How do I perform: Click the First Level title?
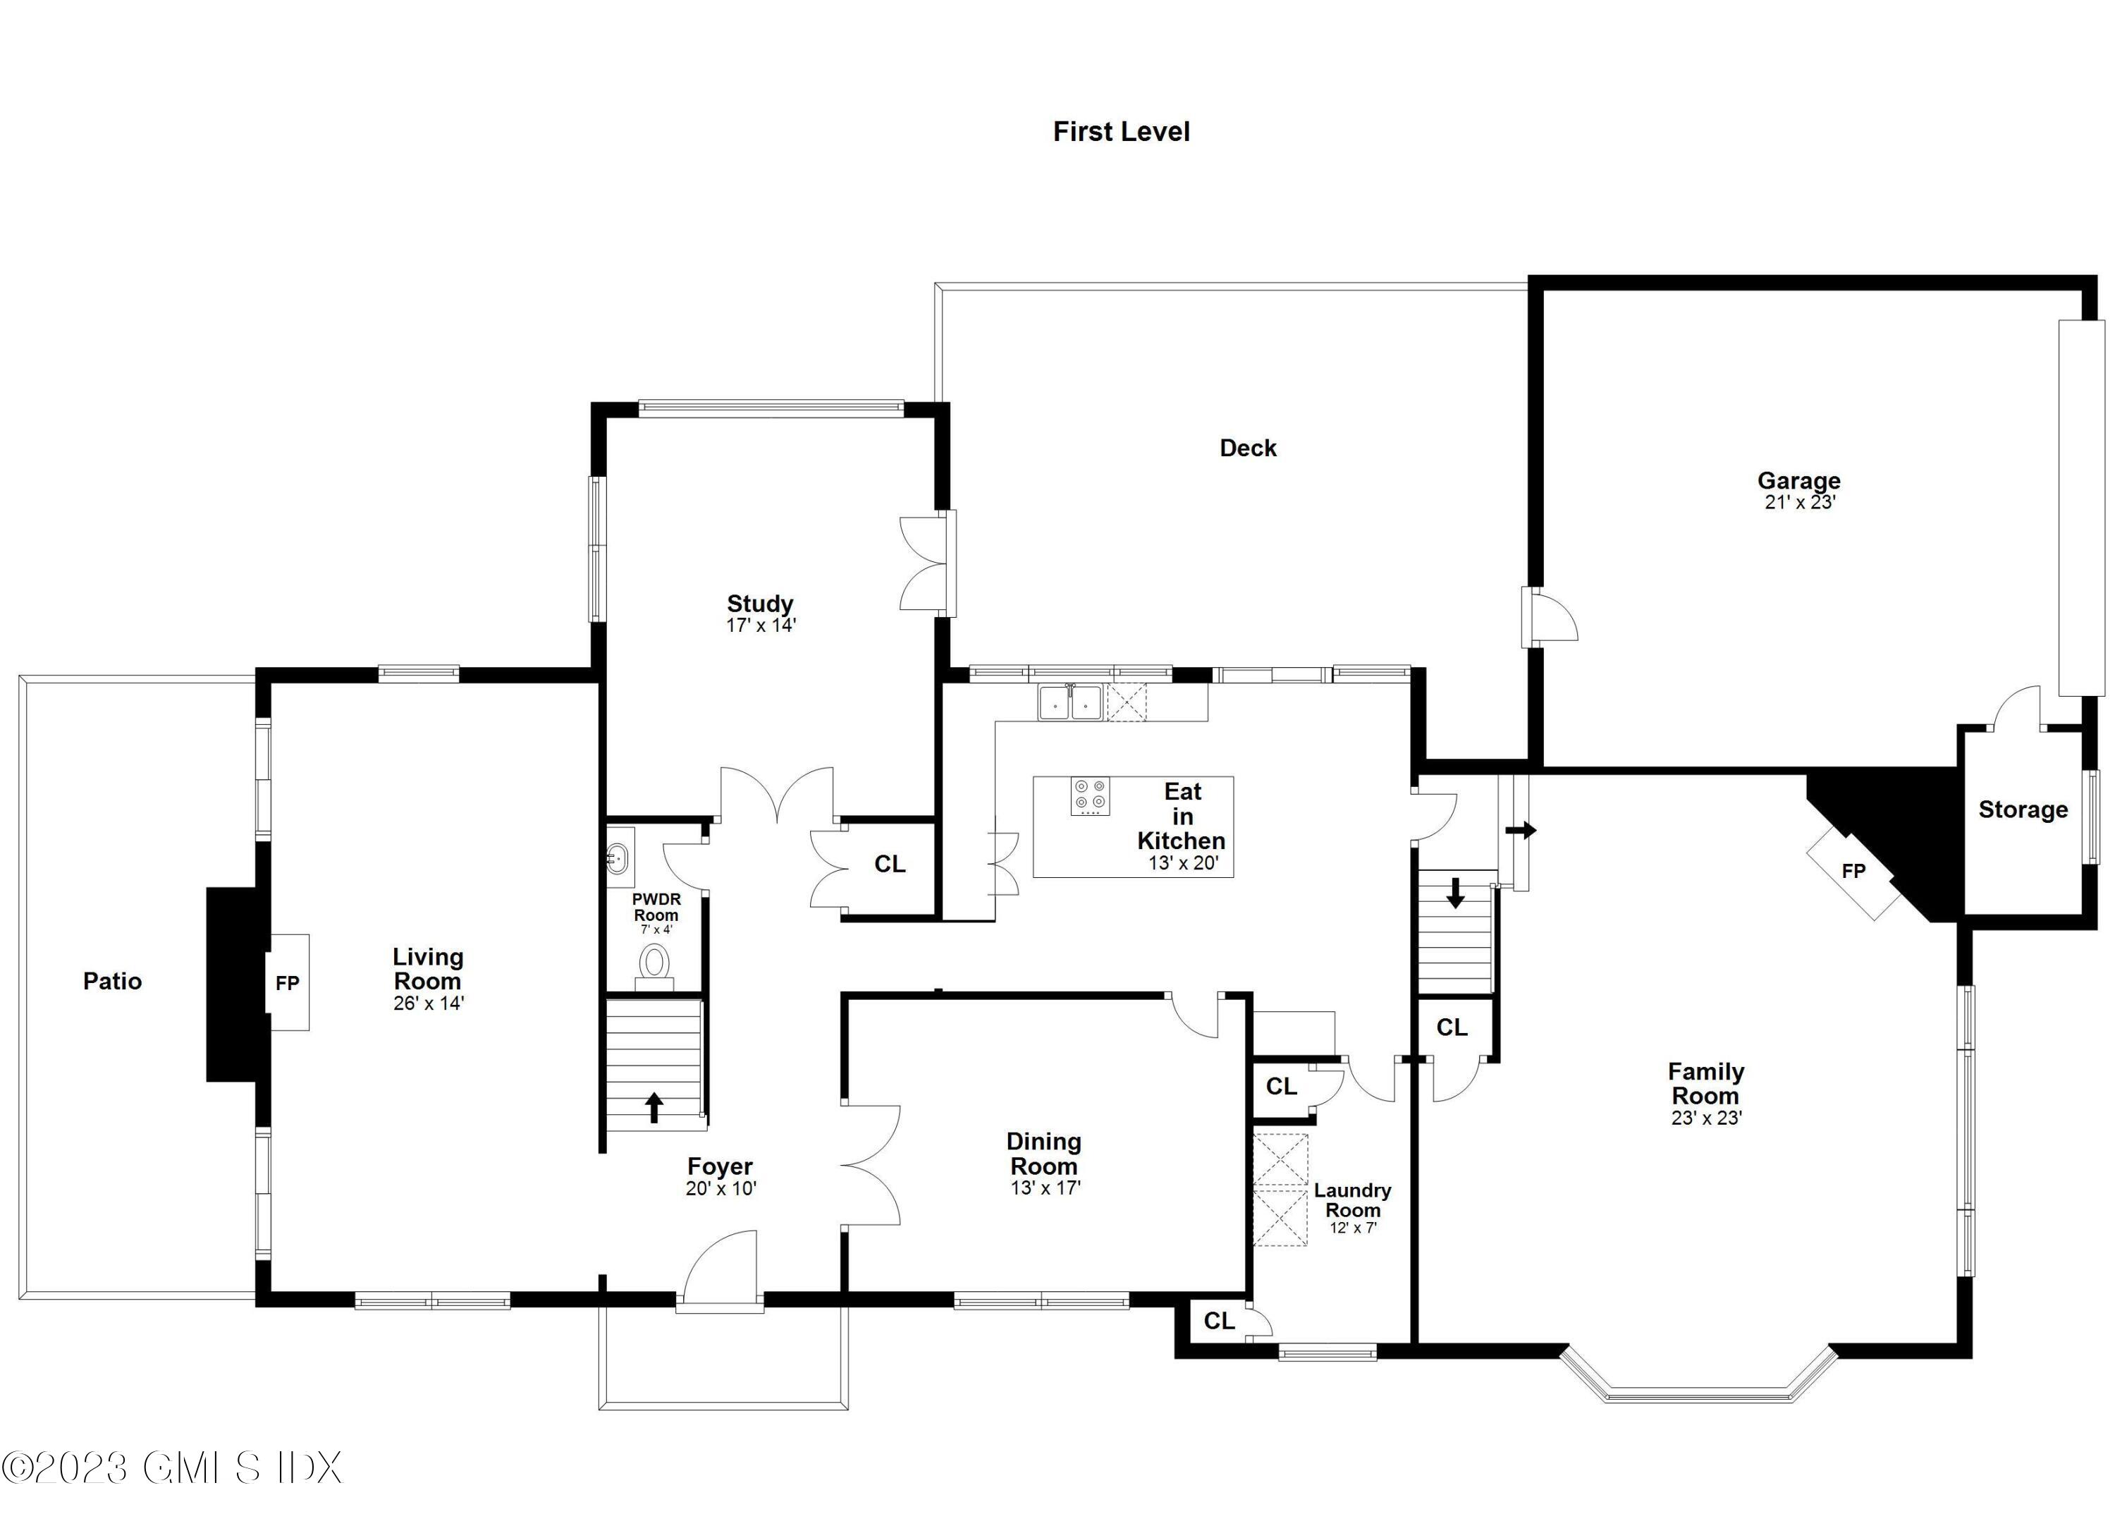pos(1121,131)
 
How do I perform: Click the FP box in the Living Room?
pos(287,982)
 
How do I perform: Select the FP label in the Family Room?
pos(1853,871)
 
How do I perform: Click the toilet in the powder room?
pos(655,963)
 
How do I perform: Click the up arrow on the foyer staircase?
pos(654,1107)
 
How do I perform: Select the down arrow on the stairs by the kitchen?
pos(1454,893)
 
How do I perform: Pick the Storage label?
pos(2023,810)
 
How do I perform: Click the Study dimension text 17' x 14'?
pos(760,625)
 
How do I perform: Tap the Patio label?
pos(112,981)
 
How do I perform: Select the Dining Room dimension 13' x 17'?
pos(1044,1188)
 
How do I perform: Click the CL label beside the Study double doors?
pos(889,865)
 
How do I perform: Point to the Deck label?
pos(1247,448)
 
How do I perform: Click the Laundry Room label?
pos(1352,1200)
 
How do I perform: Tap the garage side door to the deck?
pos(1550,616)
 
